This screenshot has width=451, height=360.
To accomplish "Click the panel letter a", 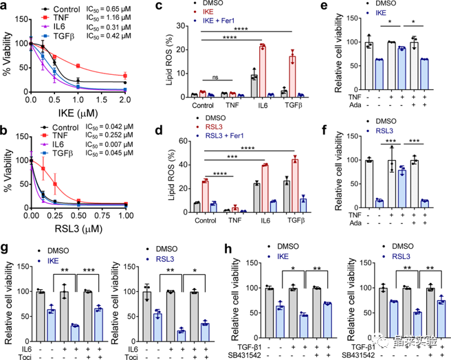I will pos(6,7).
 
